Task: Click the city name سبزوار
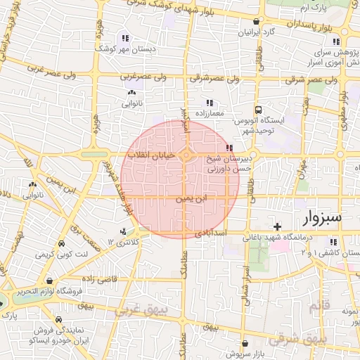coord(321,217)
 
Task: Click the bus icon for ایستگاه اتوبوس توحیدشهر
coord(259,110)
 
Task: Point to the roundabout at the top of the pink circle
coord(186,155)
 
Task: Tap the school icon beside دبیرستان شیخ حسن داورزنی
coord(229,148)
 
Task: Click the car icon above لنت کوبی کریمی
coord(61,243)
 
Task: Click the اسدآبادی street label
coord(210,231)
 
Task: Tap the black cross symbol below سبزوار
coord(278,226)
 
